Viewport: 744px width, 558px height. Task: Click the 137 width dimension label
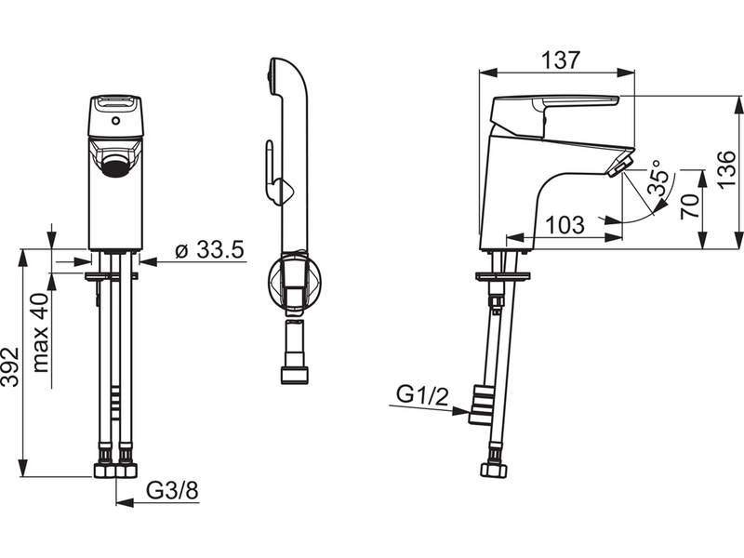click(561, 60)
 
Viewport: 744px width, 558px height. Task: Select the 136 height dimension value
click(726, 169)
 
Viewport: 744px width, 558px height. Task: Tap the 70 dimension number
click(690, 206)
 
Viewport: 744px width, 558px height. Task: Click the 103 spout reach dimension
click(565, 225)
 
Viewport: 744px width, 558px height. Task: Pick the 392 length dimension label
click(10, 366)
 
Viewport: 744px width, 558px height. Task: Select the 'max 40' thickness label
click(41, 333)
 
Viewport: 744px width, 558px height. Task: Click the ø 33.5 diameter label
click(209, 250)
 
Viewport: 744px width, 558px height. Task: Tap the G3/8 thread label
click(172, 491)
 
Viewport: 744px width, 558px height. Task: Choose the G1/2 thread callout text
click(422, 395)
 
